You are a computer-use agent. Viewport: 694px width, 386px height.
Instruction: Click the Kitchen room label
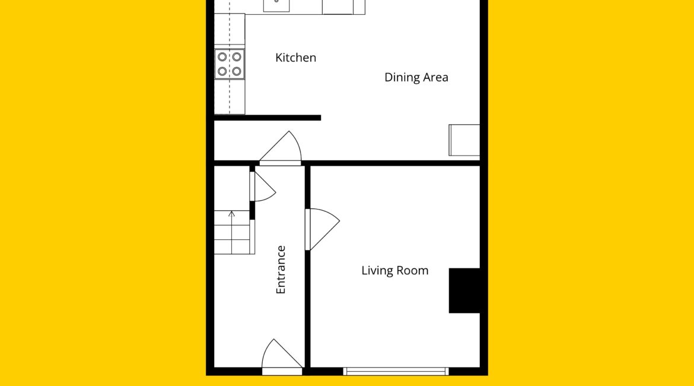(295, 58)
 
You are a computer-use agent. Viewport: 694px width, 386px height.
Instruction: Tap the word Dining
(400, 78)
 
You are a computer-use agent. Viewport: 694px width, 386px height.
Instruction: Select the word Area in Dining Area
(435, 78)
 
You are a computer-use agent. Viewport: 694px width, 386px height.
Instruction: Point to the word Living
(376, 270)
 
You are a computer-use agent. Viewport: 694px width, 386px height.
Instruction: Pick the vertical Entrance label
(281, 270)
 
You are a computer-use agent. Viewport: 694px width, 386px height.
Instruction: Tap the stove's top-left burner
(222, 57)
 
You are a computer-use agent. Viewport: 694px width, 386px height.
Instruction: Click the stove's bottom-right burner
(237, 71)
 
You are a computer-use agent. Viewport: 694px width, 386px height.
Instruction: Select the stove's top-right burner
(237, 57)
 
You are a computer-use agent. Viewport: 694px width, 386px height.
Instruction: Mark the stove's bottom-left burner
(222, 71)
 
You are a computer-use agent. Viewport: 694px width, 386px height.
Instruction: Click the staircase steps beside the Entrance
(234, 232)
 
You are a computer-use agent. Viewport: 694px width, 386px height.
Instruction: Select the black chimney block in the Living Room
(464, 290)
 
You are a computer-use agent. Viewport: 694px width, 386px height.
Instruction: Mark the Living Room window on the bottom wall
(396, 371)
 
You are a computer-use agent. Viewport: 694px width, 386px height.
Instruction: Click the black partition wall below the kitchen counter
(268, 118)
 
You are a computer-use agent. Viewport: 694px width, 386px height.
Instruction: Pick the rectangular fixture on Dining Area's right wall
(464, 140)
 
